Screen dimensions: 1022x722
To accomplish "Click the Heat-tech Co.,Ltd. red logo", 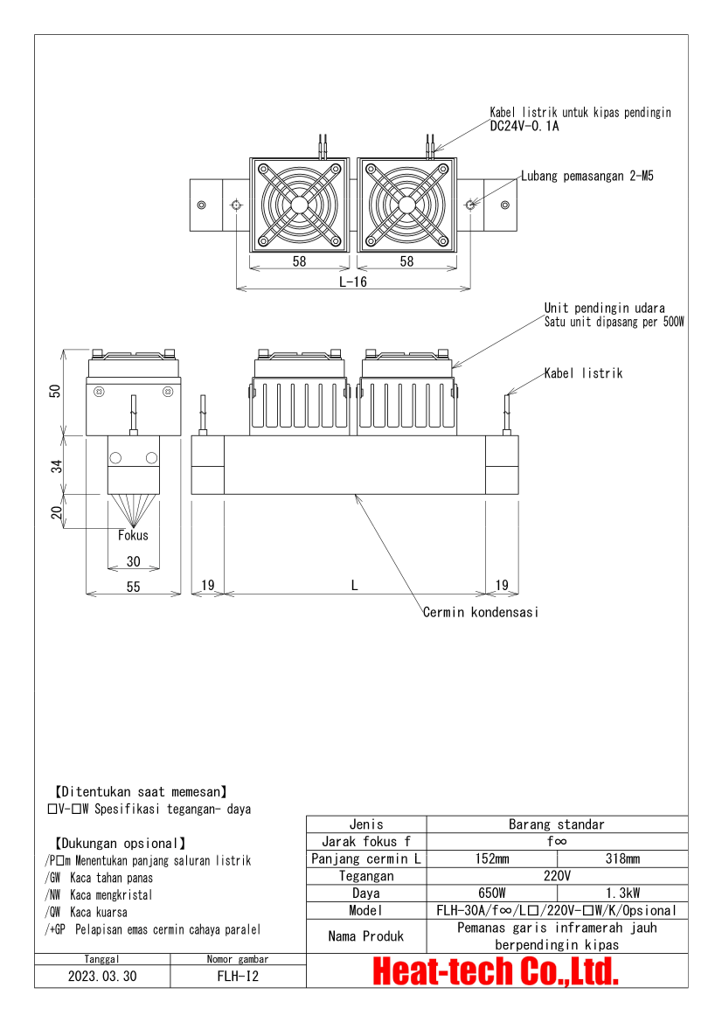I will click(x=496, y=971).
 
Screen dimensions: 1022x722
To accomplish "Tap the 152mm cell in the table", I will click(x=503, y=859).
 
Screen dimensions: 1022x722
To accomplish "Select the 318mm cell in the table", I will click(x=634, y=859).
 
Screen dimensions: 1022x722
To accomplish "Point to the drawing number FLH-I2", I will click(x=238, y=976).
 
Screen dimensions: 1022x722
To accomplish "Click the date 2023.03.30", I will click(x=102, y=976).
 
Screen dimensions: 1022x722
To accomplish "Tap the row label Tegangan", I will click(x=366, y=876).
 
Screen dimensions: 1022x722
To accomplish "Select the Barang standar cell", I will click(x=557, y=824).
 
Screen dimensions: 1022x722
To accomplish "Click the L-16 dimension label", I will click(x=353, y=282).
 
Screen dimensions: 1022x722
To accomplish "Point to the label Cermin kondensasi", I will click(x=481, y=612).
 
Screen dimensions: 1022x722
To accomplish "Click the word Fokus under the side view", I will click(x=133, y=535).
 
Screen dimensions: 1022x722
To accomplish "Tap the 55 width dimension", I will click(x=133, y=587).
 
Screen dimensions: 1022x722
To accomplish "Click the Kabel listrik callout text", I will click(x=583, y=373).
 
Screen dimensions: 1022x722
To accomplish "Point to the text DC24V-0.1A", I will click(x=524, y=126).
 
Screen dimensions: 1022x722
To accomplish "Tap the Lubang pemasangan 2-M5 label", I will click(x=587, y=176).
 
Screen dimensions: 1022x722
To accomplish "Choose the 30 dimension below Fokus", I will click(x=133, y=561).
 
